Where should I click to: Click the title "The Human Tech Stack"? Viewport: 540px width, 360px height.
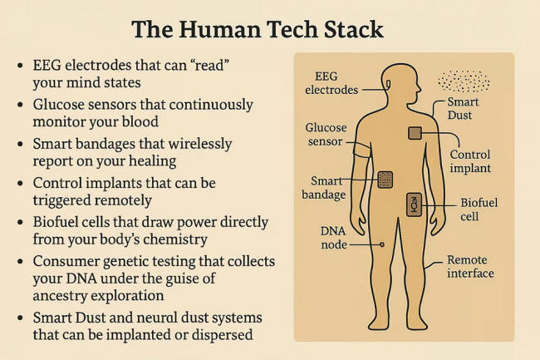pos(258,30)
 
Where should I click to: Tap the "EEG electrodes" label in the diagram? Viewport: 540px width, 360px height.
pos(331,83)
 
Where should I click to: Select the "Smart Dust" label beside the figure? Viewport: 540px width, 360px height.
pos(463,109)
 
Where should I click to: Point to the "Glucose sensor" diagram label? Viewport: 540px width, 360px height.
pos(326,135)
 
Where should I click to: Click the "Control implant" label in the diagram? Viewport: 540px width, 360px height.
pos(470,161)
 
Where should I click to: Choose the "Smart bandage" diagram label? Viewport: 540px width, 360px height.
pos(324,188)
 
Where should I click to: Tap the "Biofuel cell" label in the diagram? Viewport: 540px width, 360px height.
pos(479,210)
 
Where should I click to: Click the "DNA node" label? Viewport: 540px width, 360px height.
pos(333,238)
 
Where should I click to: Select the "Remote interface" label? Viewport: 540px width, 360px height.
pos(470,266)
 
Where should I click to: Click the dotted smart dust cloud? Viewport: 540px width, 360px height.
pos(464,81)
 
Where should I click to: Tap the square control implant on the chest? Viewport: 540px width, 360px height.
pos(415,133)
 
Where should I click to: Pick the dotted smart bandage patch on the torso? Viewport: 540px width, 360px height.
pos(385,180)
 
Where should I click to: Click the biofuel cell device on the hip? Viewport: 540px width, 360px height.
pos(414,205)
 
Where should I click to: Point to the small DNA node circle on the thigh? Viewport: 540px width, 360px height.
pos(382,244)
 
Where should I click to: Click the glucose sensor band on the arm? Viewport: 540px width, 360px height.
pos(363,150)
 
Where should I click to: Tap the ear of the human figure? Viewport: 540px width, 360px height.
pos(389,84)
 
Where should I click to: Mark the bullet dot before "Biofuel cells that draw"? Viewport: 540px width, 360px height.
pos(20,223)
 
